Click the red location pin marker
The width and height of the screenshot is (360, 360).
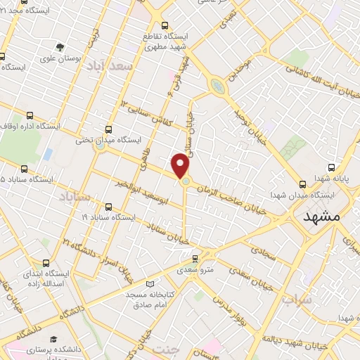181,166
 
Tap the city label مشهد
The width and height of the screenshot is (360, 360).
321,217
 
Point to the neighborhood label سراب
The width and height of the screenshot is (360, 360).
297,300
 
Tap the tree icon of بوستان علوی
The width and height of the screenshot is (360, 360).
60,47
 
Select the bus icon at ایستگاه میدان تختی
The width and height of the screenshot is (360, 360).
108,129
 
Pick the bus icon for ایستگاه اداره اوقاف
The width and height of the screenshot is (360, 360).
30,115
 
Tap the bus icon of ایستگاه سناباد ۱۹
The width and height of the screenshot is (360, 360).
108,207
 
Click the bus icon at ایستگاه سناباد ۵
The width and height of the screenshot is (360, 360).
25,169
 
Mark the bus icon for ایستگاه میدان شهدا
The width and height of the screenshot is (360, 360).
302,184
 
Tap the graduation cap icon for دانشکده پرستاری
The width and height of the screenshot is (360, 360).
53,339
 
